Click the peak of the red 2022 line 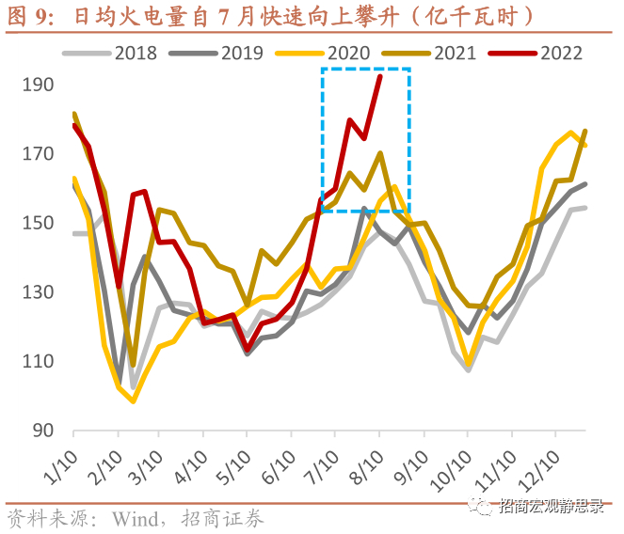(379, 76)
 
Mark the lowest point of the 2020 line (134, 401)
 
